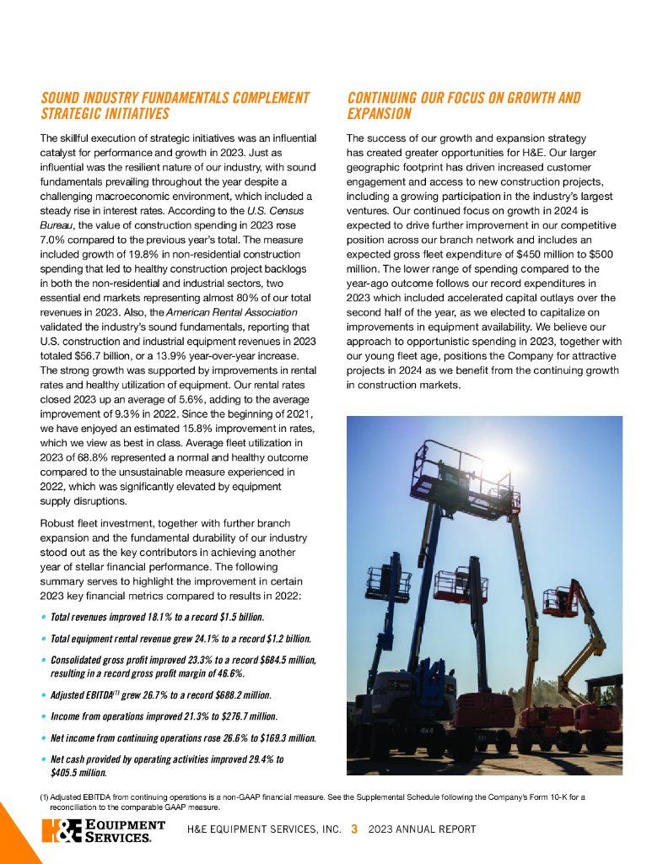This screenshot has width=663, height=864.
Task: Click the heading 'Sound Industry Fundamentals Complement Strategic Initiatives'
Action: (175, 105)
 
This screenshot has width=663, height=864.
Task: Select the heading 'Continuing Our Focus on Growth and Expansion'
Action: (463, 105)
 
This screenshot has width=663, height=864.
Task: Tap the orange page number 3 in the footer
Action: (354, 829)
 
